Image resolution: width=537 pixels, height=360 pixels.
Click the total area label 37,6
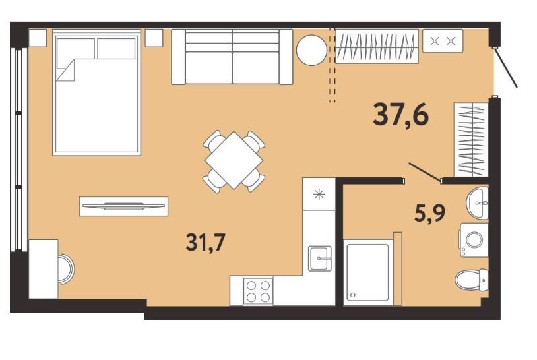pos(400,115)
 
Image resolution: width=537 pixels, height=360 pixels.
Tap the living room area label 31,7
pos(205,242)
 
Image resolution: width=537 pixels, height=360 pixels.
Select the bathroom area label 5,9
pos(430,213)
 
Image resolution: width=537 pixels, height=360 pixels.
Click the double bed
pos(96,93)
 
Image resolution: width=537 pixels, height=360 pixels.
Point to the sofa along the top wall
pos(232,57)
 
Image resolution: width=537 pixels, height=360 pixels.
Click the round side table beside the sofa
pos(311,50)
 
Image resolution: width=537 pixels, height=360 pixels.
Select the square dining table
pos(234,160)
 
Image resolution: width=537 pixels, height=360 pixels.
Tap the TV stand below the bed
pos(123,206)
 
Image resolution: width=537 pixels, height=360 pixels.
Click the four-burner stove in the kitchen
pos(258,291)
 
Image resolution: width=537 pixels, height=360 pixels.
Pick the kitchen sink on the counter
pos(319,258)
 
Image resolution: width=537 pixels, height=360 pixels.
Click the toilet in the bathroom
pos(472,280)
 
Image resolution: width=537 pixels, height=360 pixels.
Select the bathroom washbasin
pos(478,203)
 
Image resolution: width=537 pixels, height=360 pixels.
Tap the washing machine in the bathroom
pos(474,240)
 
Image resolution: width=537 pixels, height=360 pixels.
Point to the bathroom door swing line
pos(425,172)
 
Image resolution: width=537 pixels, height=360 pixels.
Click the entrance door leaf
pos(505,67)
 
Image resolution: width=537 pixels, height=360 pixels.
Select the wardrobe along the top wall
pos(377,46)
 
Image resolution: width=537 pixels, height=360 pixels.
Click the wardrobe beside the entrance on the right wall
pos(471,139)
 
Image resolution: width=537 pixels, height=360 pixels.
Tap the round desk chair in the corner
pos(66,269)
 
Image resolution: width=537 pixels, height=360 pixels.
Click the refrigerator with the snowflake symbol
pos(319,194)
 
